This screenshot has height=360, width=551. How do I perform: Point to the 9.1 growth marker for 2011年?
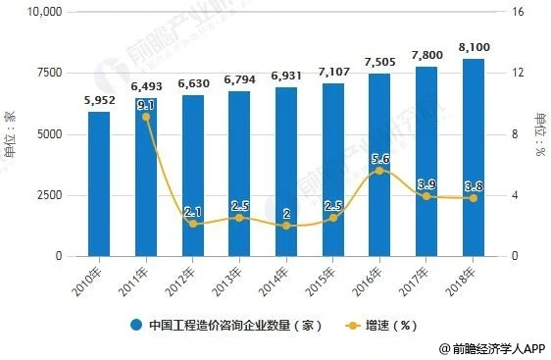coord(146,117)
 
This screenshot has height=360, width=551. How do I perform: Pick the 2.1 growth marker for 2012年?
coord(193,224)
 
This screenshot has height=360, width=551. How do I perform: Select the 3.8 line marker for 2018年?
coord(474,198)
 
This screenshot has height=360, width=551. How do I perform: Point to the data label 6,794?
coord(239,78)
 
